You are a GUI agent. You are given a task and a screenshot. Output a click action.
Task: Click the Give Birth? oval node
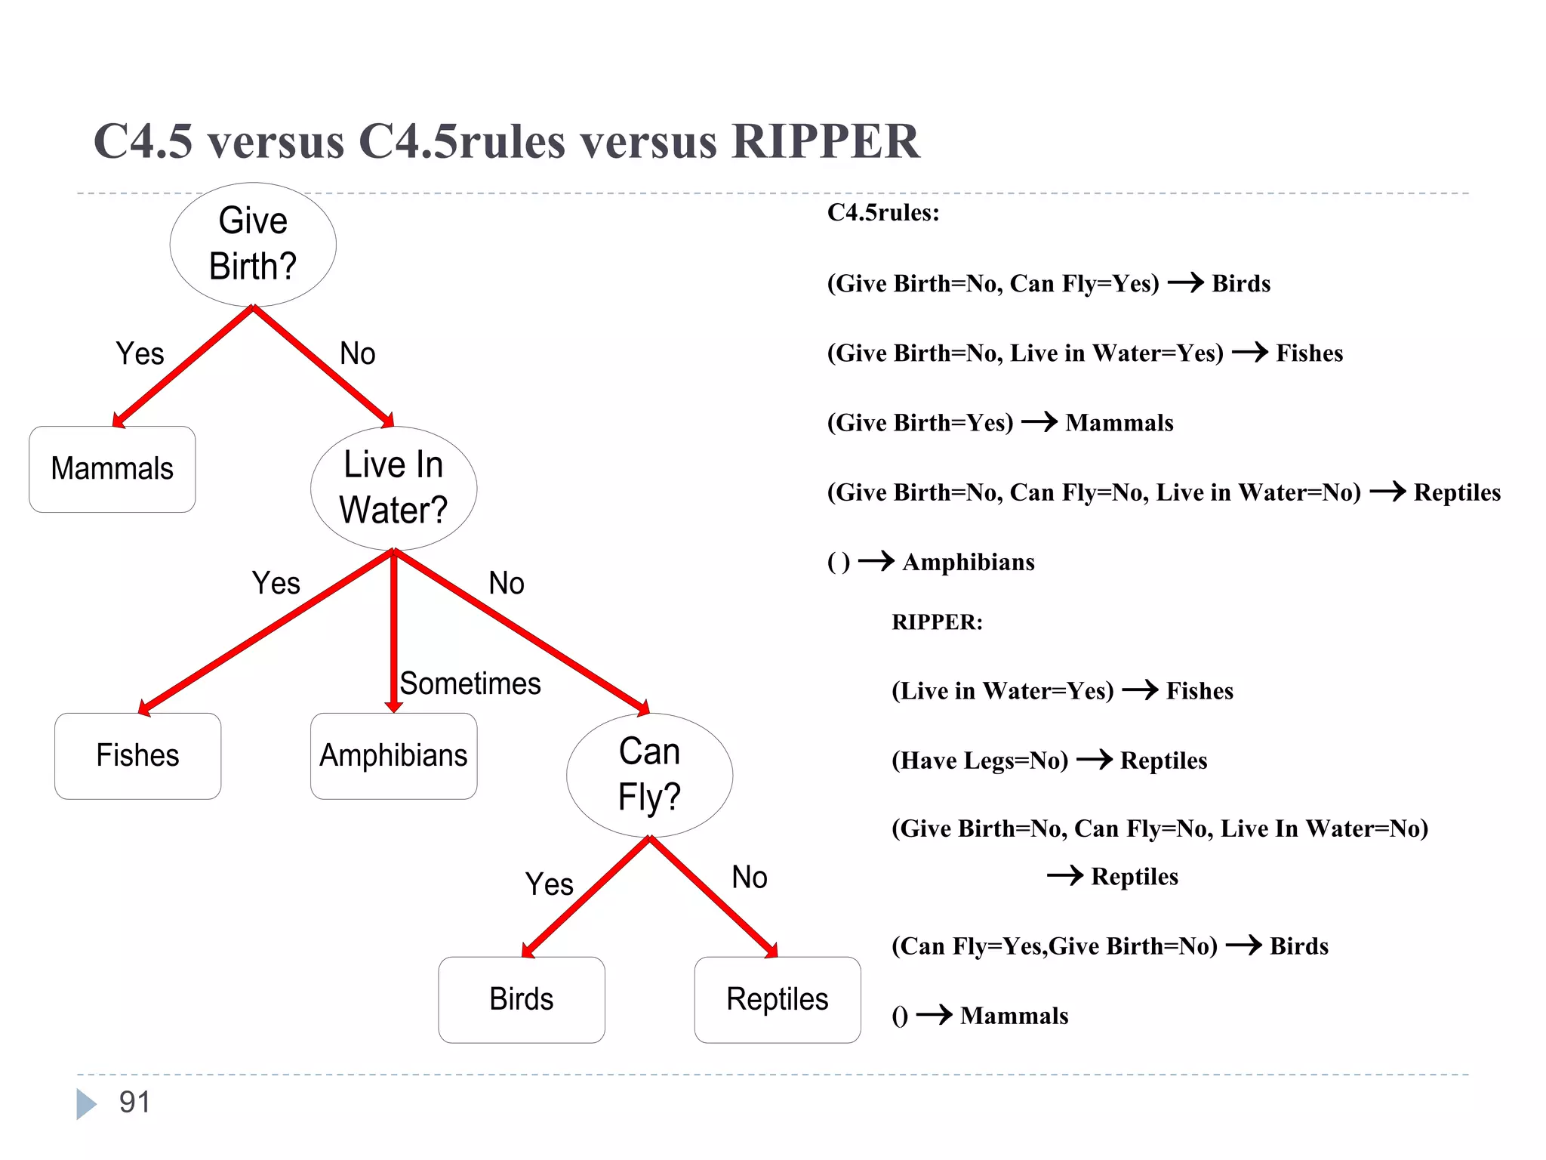pos(253,244)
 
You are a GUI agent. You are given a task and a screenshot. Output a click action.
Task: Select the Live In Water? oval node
pos(393,488)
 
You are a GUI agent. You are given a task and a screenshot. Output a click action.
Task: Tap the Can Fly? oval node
pos(649,775)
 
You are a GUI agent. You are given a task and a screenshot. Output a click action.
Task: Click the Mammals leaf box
pos(112,469)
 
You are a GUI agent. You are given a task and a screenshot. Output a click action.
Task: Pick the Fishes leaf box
pos(137,756)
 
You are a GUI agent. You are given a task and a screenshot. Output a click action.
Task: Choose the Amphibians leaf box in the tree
pos(393,756)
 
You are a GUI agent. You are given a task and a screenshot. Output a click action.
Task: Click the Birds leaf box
pos(521,1000)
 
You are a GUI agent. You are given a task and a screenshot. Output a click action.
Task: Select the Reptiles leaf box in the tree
pos(777,1000)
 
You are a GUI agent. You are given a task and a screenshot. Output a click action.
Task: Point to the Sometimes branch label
pos(470,684)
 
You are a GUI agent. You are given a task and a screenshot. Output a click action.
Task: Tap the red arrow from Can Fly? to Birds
pos(586,897)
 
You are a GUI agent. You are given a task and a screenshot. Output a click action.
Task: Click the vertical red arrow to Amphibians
pos(393,631)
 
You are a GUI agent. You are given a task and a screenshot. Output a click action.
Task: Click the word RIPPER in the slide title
pos(825,141)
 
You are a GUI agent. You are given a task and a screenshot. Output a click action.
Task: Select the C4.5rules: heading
pos(883,213)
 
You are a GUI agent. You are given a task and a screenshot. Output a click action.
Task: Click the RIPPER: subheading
pos(937,622)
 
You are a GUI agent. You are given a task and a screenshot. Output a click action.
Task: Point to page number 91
pos(134,1103)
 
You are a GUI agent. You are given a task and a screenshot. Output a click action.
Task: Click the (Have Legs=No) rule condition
pos(980,760)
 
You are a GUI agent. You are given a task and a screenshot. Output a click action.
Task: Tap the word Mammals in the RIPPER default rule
pos(1014,1016)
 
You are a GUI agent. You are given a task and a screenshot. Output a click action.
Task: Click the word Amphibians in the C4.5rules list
pos(969,563)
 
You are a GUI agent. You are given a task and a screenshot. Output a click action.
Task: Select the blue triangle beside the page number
pos(86,1103)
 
